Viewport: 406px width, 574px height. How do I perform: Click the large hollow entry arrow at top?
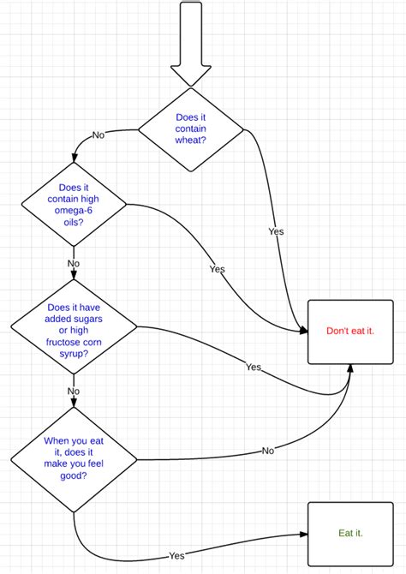point(191,43)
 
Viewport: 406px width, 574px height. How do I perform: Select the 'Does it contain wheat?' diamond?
point(191,129)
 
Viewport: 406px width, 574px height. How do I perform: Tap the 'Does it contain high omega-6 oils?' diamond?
point(74,204)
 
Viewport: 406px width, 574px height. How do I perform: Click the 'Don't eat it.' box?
point(350,331)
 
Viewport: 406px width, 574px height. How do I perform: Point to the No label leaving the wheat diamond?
point(98,135)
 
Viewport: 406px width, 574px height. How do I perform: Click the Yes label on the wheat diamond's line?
point(276,231)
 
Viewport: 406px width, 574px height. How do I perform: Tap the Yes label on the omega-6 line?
point(217,269)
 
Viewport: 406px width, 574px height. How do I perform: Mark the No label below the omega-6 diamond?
point(74,263)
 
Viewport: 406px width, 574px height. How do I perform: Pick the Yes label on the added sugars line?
point(254,367)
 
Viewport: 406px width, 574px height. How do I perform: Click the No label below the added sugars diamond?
point(74,391)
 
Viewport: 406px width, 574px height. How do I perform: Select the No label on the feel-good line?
point(268,450)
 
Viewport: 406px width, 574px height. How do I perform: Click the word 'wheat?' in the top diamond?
point(191,141)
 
